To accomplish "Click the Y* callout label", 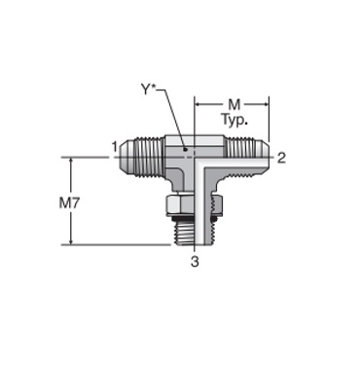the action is pos(149,90).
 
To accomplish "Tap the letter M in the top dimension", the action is pos(234,104).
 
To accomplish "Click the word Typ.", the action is pos(234,120).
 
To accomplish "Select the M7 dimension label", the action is pos(69,203).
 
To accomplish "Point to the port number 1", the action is pos(114,147).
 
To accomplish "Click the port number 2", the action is pos(281,158).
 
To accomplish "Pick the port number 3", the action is pos(195,261).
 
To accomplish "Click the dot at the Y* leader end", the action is pos(185,149).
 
